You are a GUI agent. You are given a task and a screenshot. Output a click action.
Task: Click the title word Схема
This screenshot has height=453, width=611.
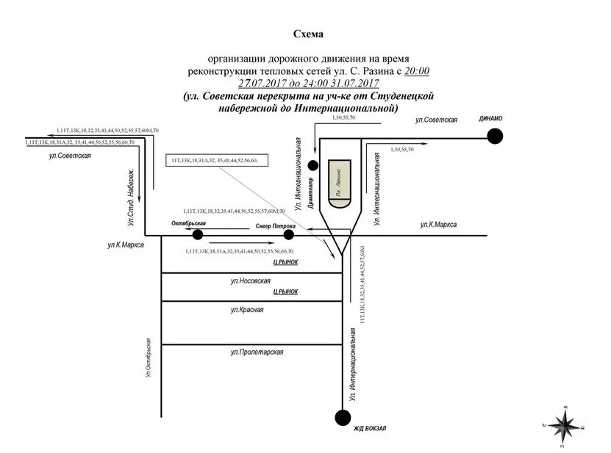click(x=308, y=34)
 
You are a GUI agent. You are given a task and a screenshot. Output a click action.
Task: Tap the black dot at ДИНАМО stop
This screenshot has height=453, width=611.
click(x=497, y=135)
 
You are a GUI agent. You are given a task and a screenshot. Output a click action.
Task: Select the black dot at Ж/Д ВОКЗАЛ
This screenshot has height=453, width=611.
click(x=343, y=418)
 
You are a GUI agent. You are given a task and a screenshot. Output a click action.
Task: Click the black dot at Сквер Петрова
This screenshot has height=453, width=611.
click(x=288, y=235)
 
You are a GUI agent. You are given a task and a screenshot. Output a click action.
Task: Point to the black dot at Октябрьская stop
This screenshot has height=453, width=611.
click(x=198, y=235)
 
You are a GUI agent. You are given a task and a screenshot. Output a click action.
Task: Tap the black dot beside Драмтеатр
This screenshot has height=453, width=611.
click(x=312, y=166)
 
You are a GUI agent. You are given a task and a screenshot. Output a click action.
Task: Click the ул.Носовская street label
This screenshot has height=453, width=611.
click(x=251, y=281)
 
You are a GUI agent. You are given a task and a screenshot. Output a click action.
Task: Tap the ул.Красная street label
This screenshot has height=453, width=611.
click(x=246, y=310)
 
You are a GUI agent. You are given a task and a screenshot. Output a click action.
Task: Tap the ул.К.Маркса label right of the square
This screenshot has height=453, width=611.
click(x=438, y=225)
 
